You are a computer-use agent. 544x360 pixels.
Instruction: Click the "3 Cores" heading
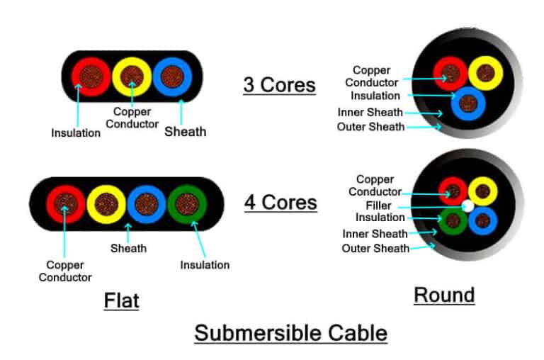(x=279, y=85)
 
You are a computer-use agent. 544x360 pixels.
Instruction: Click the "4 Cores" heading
(x=280, y=202)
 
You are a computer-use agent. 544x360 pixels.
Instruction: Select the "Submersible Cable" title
(x=291, y=333)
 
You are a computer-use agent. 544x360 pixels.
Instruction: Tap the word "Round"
(x=444, y=294)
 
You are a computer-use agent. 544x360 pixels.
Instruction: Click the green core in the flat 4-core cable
(x=188, y=204)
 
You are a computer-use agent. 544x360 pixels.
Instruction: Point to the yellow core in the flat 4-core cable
(x=106, y=204)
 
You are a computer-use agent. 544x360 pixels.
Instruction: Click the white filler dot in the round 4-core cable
(x=467, y=206)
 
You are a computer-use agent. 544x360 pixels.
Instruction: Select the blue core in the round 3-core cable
(x=467, y=103)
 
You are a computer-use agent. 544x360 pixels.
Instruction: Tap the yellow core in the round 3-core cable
(x=486, y=73)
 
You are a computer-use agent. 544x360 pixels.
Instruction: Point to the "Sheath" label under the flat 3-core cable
(x=185, y=131)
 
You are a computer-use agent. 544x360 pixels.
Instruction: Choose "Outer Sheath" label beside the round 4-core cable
(x=375, y=248)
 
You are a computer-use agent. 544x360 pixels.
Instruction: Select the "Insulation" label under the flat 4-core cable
(x=204, y=264)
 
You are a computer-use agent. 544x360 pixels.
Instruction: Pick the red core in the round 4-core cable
(x=453, y=191)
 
